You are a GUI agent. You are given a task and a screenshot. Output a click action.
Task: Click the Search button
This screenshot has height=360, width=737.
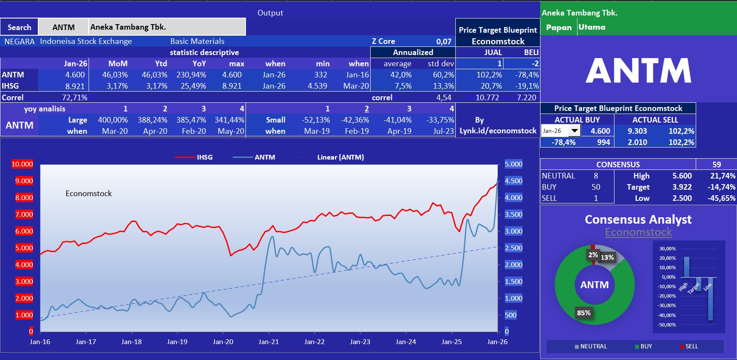click(19, 27)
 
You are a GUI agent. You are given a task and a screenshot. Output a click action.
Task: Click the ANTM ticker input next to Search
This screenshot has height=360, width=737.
click(63, 27)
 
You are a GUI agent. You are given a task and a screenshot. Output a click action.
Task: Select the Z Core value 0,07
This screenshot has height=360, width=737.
click(443, 41)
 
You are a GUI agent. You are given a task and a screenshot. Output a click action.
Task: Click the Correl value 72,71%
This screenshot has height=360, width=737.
click(74, 98)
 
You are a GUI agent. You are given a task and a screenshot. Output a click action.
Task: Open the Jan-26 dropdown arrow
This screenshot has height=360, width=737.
click(574, 131)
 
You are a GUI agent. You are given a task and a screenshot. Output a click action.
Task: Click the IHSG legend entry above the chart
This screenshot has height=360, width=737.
click(194, 157)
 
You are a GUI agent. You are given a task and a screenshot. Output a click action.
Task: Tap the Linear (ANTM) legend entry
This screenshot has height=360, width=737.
click(340, 157)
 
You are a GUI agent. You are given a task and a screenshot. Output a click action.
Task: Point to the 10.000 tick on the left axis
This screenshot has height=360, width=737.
click(22, 164)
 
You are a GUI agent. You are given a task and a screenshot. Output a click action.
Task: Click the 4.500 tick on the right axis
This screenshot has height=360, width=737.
click(513, 181)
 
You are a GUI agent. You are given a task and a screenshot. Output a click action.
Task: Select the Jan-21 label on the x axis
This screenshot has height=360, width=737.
click(269, 342)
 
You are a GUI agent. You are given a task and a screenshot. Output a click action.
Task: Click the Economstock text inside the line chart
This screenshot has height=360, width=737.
click(89, 194)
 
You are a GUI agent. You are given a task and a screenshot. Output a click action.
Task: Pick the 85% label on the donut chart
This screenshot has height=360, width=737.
click(583, 313)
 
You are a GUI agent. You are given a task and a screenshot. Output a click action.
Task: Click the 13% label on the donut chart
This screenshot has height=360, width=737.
click(607, 257)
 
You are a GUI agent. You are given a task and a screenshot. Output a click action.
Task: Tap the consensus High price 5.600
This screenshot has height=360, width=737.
click(682, 176)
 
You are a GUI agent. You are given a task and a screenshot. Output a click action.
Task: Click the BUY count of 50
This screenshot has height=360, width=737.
click(596, 187)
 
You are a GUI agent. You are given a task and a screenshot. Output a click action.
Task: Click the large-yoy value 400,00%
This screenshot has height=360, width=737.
click(113, 120)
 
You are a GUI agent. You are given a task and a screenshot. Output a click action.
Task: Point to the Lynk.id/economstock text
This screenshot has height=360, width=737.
click(498, 131)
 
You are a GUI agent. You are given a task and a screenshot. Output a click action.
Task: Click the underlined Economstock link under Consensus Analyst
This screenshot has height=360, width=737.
click(638, 232)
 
